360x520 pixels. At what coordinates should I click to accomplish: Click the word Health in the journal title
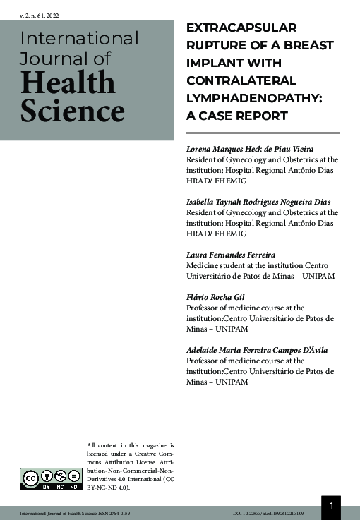(x=68, y=83)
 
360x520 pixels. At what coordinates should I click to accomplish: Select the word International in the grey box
(x=79, y=38)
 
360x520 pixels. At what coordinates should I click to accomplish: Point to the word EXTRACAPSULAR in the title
(x=241, y=28)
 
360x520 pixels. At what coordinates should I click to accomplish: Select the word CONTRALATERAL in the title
(x=240, y=80)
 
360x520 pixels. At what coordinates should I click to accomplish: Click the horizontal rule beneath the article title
(x=262, y=133)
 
